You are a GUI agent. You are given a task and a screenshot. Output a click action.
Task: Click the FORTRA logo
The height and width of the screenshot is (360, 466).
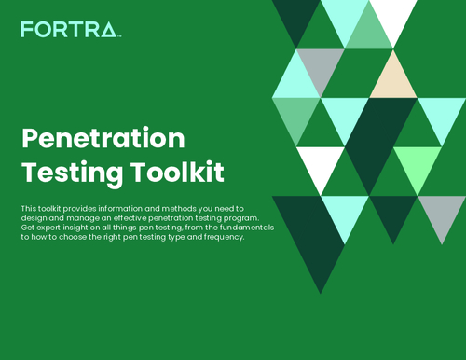tap(71, 31)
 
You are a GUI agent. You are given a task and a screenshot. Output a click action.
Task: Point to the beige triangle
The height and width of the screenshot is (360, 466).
tap(392, 79)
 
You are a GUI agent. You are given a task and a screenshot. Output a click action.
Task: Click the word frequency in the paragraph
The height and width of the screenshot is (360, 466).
tap(218, 238)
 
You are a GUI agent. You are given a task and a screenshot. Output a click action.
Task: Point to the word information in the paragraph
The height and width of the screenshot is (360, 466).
tap(115, 207)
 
